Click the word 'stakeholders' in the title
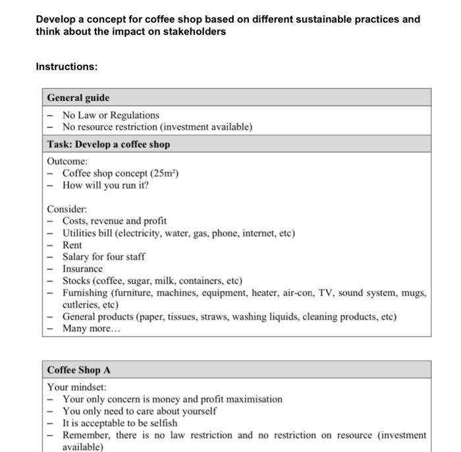(196, 31)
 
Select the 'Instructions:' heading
(67, 67)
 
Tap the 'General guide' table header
(78, 98)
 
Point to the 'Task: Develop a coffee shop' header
(108, 144)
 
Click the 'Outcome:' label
(67, 161)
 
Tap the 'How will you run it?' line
(105, 185)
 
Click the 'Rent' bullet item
(72, 245)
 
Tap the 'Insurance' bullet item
(82, 269)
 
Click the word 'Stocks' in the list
(76, 281)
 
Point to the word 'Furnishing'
(86, 293)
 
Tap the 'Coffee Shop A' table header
(79, 370)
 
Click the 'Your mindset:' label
(76, 387)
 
